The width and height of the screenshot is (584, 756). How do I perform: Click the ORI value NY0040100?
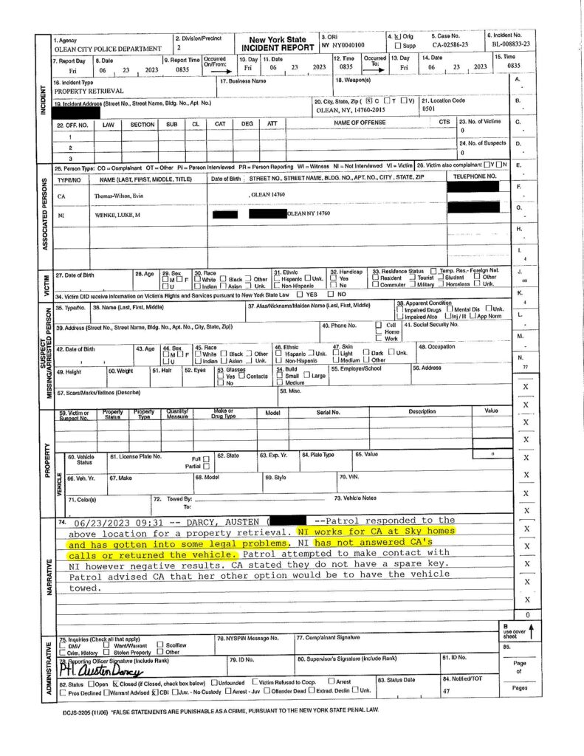pos(346,45)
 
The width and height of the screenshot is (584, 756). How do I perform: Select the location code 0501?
pos(429,107)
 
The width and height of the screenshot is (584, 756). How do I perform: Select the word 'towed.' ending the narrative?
pos(84,588)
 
